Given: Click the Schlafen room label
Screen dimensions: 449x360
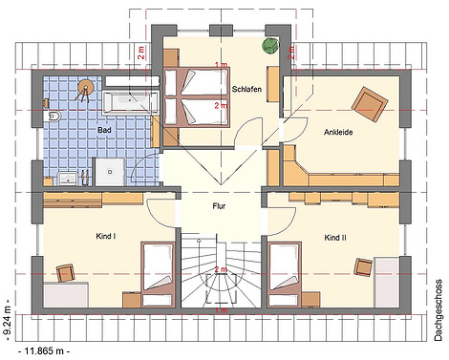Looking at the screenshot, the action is [x=246, y=89].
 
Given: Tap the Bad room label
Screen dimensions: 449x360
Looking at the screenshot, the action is [x=104, y=130].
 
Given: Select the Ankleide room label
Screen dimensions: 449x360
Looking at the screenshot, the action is [x=338, y=132].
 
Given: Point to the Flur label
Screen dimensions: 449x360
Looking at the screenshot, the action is [x=219, y=206].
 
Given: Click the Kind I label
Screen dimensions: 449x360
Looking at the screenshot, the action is [x=106, y=236].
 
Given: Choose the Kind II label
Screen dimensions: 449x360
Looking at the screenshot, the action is [x=335, y=238].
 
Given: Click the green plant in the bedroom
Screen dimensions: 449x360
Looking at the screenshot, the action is [x=270, y=46].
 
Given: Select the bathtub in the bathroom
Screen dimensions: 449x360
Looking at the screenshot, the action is [x=130, y=102].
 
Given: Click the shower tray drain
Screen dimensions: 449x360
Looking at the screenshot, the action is [x=110, y=172].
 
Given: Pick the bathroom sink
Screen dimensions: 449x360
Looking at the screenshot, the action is [x=68, y=179].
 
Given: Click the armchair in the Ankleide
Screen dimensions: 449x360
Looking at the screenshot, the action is [x=370, y=103].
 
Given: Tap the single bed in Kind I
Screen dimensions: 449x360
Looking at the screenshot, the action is [x=158, y=275].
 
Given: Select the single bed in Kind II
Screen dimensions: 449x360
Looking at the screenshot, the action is [x=285, y=275].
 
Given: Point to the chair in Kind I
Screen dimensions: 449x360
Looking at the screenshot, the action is [x=66, y=273].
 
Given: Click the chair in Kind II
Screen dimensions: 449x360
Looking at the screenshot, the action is [x=364, y=266].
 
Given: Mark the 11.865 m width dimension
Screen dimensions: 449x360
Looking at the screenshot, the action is [x=44, y=351].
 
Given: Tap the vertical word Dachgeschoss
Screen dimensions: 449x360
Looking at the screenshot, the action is [x=438, y=310].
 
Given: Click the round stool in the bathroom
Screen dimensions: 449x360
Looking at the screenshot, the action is [x=85, y=85].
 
